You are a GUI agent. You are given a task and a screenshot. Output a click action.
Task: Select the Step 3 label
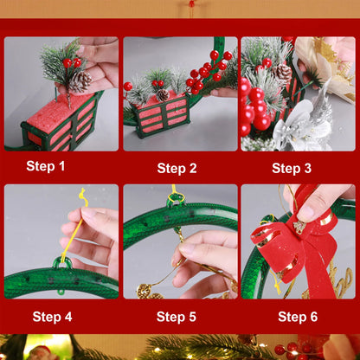[292, 168]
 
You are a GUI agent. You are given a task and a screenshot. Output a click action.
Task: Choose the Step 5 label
[176, 317]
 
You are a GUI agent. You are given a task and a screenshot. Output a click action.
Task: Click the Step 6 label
[297, 317]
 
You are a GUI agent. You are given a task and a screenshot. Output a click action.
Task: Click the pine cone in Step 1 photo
[80, 81]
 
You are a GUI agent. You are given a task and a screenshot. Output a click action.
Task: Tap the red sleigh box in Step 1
[59, 120]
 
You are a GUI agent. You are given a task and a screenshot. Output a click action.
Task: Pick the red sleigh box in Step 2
[162, 116]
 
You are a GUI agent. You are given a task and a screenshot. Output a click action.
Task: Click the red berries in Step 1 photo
[71, 62]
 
